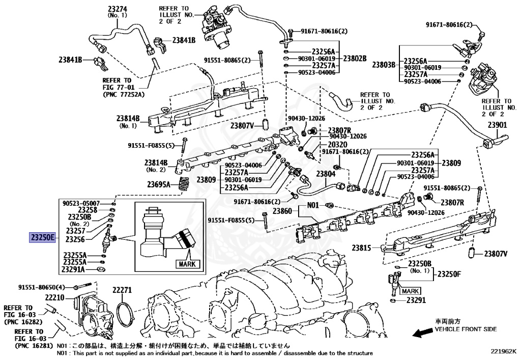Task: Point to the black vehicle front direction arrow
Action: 422,333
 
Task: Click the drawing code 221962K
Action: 503,351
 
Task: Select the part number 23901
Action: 498,125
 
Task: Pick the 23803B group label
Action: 384,65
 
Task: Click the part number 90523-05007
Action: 81,203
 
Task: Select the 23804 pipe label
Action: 326,174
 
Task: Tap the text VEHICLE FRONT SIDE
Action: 465,329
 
